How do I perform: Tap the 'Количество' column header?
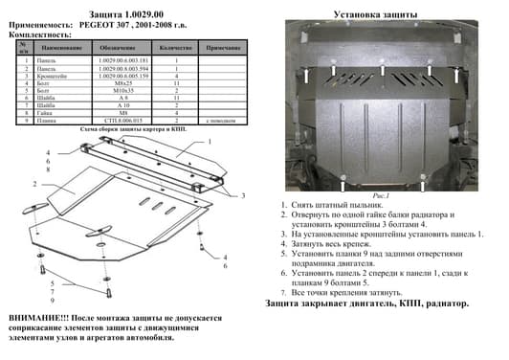176,46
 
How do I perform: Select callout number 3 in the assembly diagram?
243,195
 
